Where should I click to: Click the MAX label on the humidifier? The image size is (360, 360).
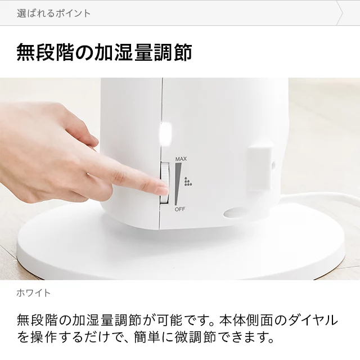click(x=181, y=159)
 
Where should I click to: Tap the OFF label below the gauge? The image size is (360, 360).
click(x=180, y=209)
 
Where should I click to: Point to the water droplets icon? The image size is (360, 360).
click(x=188, y=181)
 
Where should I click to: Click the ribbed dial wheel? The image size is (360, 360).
click(x=165, y=183)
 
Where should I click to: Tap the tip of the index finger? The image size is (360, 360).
click(x=166, y=190)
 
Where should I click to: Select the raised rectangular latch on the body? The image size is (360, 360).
click(x=259, y=169)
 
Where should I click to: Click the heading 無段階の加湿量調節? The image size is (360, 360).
click(x=104, y=52)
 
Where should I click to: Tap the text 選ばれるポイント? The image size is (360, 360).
click(x=54, y=13)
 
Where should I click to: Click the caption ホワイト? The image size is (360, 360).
click(x=34, y=293)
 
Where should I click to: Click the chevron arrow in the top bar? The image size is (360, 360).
click(x=339, y=13)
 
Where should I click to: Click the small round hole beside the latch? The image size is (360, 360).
click(x=273, y=165)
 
